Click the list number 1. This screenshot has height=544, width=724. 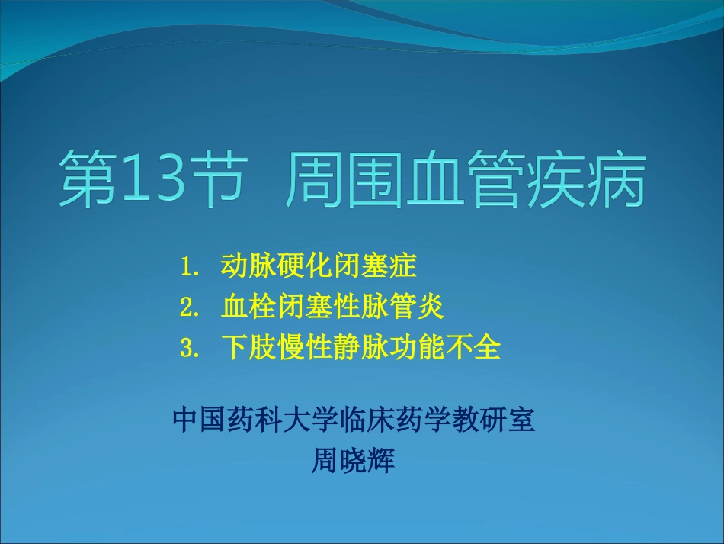[x=189, y=267]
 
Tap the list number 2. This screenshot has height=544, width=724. [x=189, y=307]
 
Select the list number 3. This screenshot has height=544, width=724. [x=189, y=348]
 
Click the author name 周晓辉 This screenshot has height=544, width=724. [x=354, y=461]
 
